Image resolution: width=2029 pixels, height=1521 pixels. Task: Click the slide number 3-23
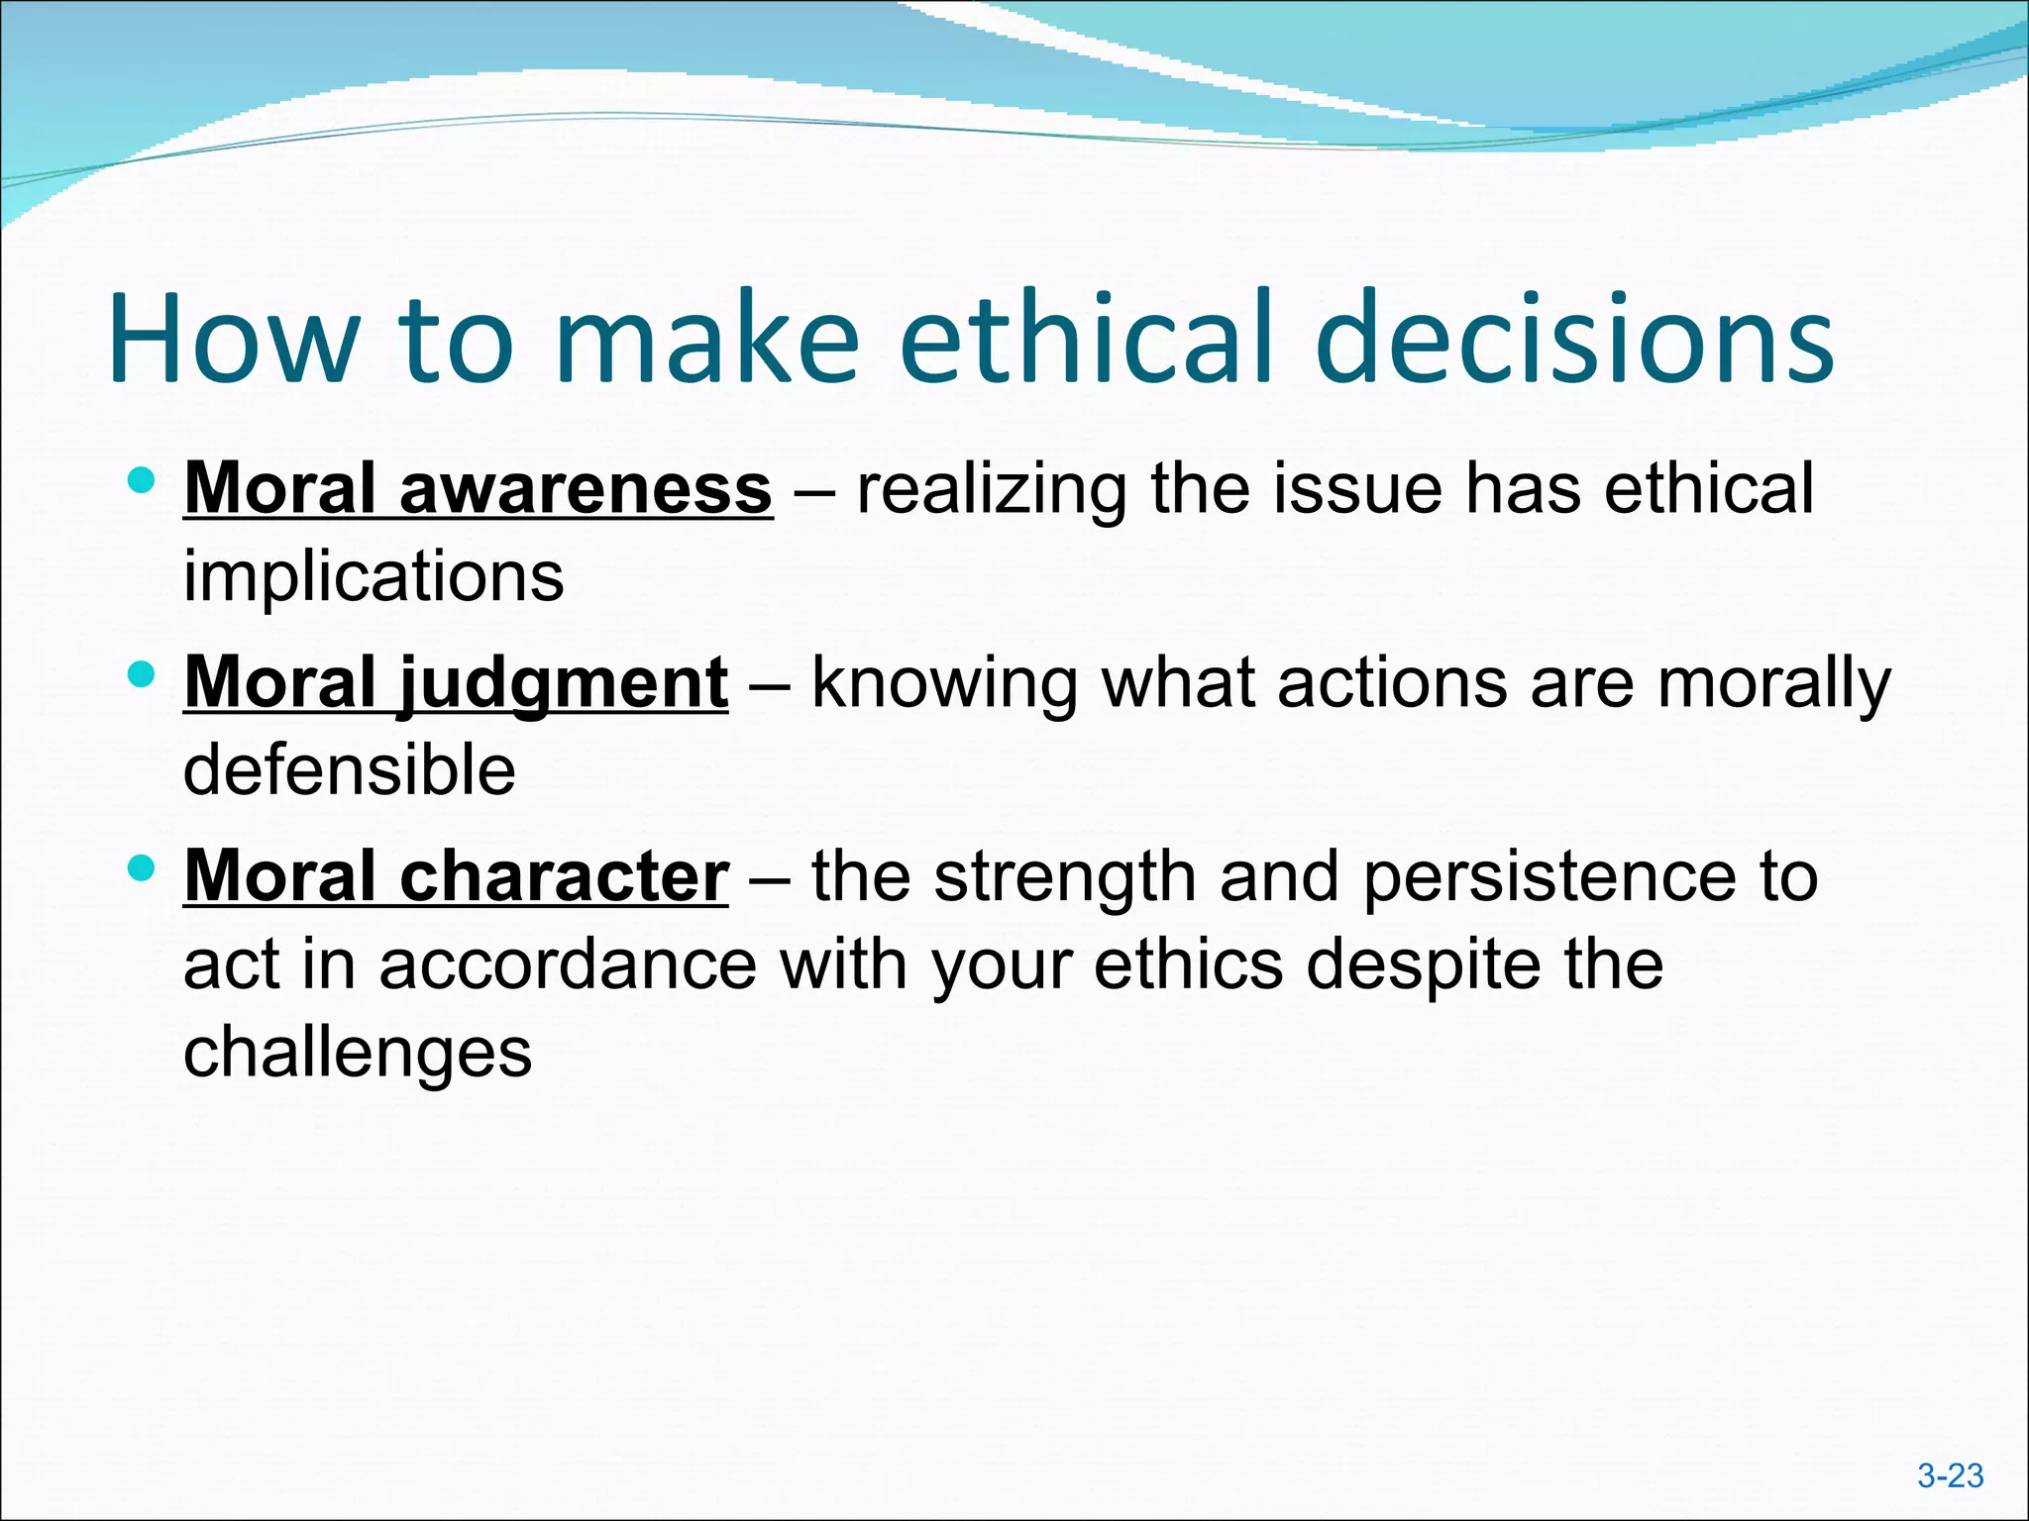click(1950, 1475)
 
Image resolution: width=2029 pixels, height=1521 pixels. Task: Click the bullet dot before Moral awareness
click(143, 482)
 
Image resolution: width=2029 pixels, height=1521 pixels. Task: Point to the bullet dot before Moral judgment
click(143, 676)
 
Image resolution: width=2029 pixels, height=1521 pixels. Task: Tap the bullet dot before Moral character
click(143, 869)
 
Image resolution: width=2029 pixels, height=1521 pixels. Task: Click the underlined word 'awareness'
click(585, 488)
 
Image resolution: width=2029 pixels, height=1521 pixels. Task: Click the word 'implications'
click(374, 576)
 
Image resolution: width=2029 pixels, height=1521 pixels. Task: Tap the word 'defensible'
click(349, 770)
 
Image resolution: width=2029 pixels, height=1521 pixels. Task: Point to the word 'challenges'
click(358, 1053)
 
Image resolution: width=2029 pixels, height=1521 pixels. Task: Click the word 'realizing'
click(991, 490)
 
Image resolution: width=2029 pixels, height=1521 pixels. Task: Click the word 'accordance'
click(568, 964)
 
